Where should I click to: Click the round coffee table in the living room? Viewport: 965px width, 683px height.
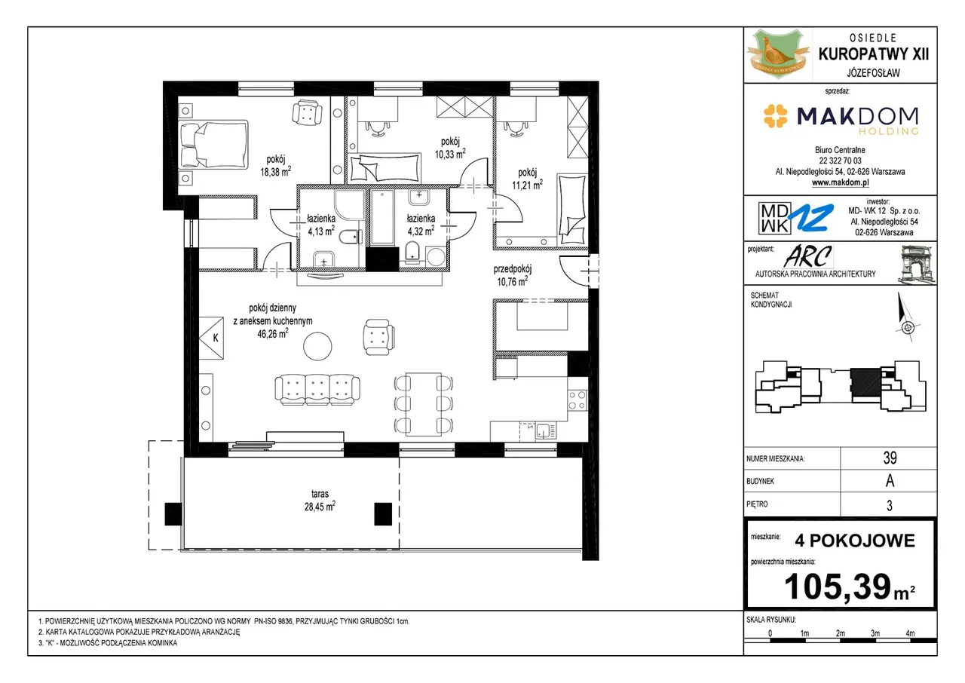pos(317,346)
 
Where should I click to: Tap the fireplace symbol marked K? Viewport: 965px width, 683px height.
pos(211,338)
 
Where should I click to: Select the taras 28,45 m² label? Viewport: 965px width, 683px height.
pos(320,500)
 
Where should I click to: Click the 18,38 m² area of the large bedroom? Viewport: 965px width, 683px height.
pos(275,172)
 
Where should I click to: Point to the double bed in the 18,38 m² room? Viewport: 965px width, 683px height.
pos(213,144)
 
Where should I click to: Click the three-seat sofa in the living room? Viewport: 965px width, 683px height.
pos(317,390)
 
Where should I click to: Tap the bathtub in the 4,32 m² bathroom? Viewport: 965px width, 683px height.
pos(382,217)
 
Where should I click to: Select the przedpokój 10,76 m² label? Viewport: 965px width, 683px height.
pos(512,276)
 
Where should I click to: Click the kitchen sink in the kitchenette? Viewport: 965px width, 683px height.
pos(545,430)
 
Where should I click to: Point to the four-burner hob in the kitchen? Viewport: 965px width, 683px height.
pos(577,400)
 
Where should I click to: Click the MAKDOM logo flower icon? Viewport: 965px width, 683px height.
pos(775,116)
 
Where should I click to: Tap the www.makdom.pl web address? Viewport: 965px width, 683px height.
pos(840,182)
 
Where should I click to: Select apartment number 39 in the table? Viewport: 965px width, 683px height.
pos(890,458)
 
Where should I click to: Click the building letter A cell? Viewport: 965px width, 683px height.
pos(889,481)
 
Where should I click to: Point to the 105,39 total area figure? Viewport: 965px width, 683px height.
pos(837,587)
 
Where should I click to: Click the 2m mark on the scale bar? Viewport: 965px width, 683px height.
pos(840,633)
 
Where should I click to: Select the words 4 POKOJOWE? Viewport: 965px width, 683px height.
pos(855,541)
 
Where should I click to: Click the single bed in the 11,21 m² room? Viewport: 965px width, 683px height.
pos(572,210)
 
